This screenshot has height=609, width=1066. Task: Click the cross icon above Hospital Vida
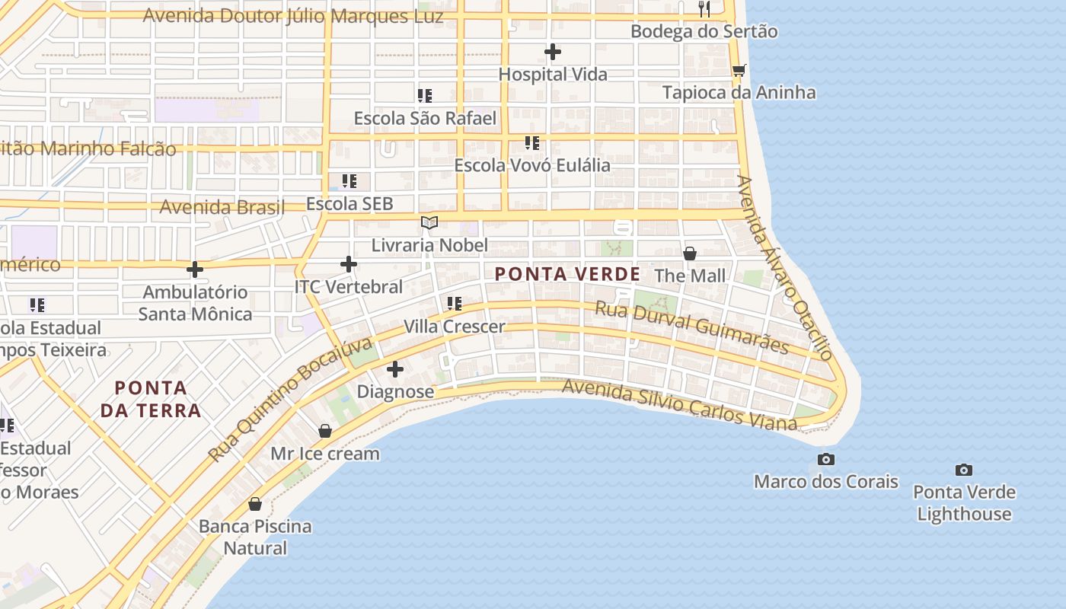point(553,52)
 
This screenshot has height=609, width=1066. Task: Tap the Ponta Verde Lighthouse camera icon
point(964,470)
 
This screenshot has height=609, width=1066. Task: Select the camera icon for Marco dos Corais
point(825,459)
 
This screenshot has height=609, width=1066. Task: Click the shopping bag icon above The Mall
point(690,253)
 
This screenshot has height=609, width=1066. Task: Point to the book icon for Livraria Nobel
point(429,222)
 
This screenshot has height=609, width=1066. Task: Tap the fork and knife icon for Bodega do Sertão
point(704,9)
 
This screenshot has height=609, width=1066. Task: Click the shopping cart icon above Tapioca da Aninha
point(739,71)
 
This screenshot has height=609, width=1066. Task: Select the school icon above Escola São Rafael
point(425,96)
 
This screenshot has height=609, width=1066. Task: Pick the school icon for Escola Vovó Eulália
point(532,142)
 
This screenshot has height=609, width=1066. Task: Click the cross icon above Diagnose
point(395,369)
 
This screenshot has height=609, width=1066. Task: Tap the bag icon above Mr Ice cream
point(325,431)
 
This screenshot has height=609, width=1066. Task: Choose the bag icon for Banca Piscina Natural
point(255,504)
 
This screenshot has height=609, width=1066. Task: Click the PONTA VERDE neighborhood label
point(567,274)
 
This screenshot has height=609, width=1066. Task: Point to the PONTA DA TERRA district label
point(151,399)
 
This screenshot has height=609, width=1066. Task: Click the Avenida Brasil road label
point(222,207)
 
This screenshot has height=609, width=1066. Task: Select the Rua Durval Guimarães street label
point(691,327)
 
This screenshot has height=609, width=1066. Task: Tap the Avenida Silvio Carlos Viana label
point(679,405)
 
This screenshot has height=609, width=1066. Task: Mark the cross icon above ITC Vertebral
point(348,264)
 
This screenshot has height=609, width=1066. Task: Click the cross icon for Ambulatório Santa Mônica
point(195,269)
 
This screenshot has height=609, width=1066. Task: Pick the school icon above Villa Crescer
point(455,304)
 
